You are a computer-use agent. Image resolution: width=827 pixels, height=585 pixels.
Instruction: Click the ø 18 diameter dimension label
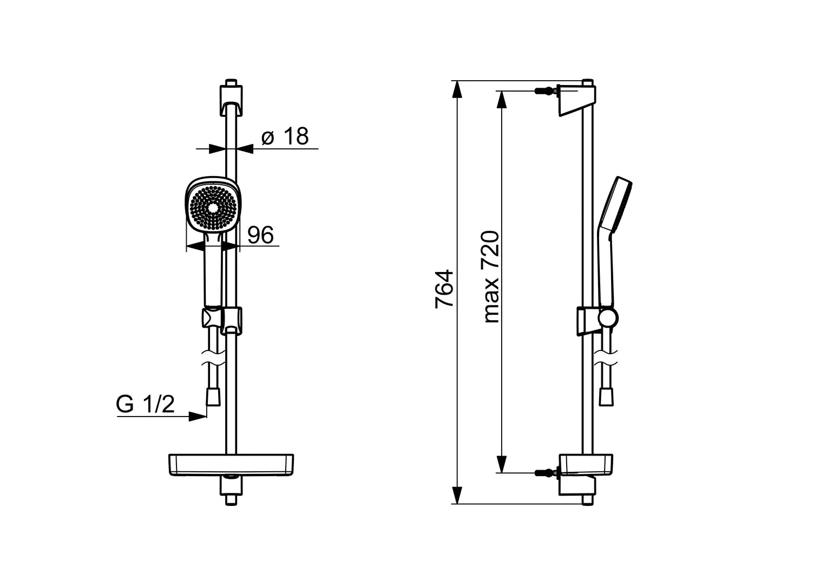click(285, 136)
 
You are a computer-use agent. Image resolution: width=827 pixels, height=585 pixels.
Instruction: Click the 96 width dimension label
click(261, 235)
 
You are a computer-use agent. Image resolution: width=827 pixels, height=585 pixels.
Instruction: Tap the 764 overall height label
click(444, 289)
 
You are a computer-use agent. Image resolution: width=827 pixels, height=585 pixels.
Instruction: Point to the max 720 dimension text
click(491, 277)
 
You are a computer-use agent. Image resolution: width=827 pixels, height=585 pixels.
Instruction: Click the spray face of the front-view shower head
click(213, 208)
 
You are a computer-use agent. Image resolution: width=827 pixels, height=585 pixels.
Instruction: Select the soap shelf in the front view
click(232, 465)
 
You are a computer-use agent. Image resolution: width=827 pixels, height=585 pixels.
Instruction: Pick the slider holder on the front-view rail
click(222, 321)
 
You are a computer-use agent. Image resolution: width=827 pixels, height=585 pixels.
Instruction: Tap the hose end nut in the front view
click(213, 397)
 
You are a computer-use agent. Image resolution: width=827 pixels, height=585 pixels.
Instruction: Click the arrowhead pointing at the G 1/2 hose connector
click(198, 417)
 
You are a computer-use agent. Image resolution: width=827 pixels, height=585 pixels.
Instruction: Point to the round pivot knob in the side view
click(608, 318)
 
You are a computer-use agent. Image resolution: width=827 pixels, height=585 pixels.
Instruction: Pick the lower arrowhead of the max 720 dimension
click(501, 464)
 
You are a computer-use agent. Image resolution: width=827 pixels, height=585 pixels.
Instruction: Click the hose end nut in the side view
click(606, 397)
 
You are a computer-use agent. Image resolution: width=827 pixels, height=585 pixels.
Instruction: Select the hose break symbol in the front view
click(213, 359)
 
